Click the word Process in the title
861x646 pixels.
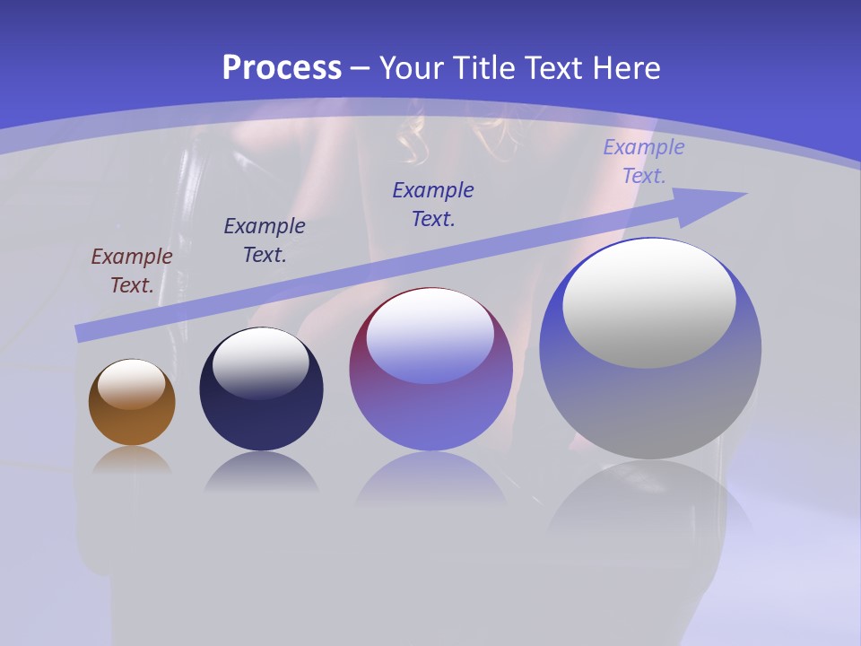tap(282, 68)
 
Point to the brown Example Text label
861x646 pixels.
tap(131, 270)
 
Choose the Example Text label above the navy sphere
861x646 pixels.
tap(264, 240)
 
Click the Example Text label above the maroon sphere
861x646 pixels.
tap(433, 204)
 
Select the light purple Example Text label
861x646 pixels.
tap(643, 161)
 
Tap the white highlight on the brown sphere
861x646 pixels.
tap(132, 384)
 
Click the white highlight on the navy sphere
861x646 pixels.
tap(260, 362)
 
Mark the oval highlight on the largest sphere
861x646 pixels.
tap(649, 303)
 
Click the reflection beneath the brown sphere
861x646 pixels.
tap(132, 462)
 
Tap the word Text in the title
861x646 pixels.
tap(556, 68)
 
